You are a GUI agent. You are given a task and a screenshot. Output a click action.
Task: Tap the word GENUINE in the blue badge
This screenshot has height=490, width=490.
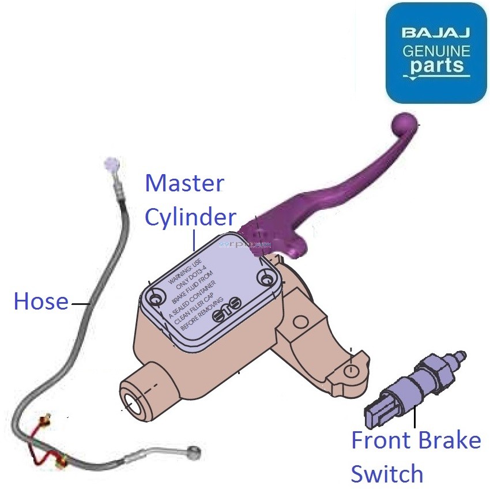436,50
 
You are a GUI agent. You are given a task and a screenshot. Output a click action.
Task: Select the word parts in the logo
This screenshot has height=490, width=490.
436,66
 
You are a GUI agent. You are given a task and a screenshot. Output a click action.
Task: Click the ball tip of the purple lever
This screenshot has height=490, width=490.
404,124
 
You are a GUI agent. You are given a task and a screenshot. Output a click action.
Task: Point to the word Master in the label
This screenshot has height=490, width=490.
184,184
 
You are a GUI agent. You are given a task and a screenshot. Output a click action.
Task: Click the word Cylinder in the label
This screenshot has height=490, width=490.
190,217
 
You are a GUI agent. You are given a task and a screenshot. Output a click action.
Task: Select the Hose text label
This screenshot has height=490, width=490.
40,301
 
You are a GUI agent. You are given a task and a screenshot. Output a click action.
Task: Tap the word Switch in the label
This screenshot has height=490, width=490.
387,474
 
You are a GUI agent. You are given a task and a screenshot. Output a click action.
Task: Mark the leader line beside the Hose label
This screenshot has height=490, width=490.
80,301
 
